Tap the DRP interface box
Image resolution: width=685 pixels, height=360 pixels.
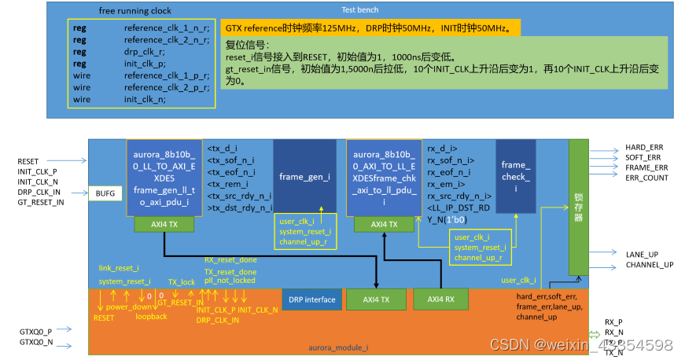click(311, 299)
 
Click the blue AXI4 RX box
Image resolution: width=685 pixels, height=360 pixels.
click(440, 299)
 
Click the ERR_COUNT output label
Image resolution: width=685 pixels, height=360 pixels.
click(646, 178)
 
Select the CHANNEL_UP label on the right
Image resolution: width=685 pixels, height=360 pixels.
click(649, 265)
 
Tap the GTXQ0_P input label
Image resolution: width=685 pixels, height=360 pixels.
click(35, 332)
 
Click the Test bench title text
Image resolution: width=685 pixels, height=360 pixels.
click(360, 10)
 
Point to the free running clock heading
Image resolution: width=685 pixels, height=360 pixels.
click(134, 11)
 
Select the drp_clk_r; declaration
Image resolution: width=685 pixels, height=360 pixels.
click(145, 51)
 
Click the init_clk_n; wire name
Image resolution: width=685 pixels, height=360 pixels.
click(145, 100)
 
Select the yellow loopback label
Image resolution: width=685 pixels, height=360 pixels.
click(151, 317)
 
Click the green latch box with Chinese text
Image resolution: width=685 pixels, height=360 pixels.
click(578, 207)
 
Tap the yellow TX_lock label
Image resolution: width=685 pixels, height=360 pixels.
click(181, 281)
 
